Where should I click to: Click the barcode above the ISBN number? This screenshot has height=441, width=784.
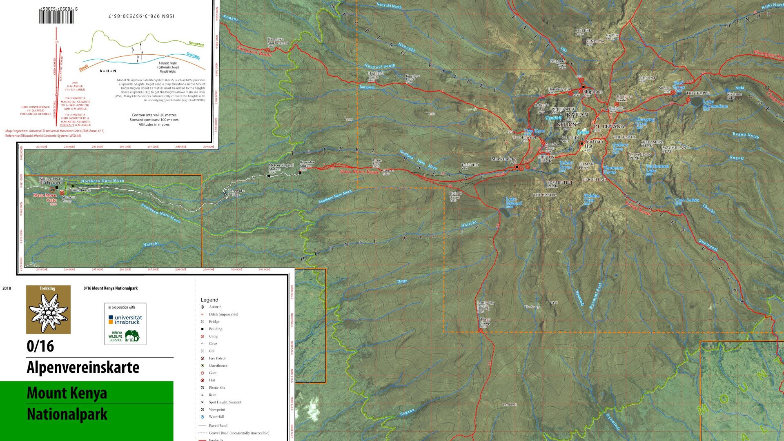[x=57, y=16]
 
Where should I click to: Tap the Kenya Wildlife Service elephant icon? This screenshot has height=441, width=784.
[x=132, y=336]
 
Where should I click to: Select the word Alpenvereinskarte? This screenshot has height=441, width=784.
[x=83, y=367]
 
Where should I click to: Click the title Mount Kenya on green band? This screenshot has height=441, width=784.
[x=67, y=393]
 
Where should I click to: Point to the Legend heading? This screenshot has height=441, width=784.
[x=209, y=300]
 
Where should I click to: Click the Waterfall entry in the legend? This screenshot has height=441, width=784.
[x=216, y=417]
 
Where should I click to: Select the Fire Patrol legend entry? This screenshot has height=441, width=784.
[x=217, y=359]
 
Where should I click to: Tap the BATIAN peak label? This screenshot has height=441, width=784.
[x=577, y=115]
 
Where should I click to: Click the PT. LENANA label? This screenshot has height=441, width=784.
[x=609, y=127]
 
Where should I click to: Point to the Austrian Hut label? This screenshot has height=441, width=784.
[x=593, y=143]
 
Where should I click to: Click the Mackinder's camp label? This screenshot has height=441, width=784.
[x=503, y=159]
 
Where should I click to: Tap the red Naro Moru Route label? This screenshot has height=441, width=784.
[x=359, y=172]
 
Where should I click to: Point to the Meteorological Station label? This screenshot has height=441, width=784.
[x=281, y=167]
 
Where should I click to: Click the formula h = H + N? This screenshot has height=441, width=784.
[x=108, y=71]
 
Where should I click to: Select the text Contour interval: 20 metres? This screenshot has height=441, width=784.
[x=154, y=115]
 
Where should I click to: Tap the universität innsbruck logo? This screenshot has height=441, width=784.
[x=125, y=320]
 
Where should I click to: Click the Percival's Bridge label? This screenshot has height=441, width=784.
[x=236, y=192]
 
